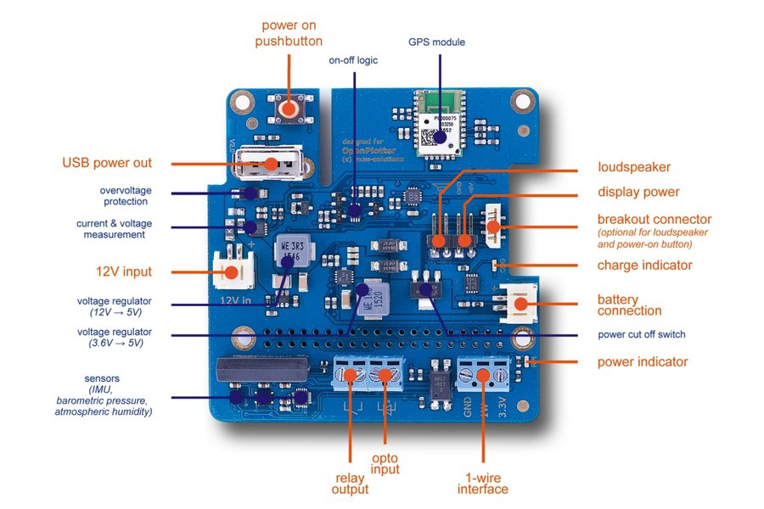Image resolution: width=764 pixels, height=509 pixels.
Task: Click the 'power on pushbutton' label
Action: tap(289, 33)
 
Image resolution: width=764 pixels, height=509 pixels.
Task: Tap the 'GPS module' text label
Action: tap(437, 42)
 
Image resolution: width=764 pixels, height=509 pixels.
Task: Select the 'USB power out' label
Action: tap(107, 163)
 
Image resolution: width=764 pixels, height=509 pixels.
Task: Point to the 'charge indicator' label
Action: tap(644, 266)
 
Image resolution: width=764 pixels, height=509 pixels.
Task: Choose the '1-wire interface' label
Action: tap(482, 483)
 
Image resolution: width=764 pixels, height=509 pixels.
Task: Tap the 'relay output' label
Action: tap(349, 483)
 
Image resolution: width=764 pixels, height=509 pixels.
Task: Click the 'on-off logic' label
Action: tap(354, 61)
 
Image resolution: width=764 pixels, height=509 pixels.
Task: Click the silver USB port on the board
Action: tap(258, 164)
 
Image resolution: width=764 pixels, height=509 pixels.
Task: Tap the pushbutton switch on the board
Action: tap(291, 109)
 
